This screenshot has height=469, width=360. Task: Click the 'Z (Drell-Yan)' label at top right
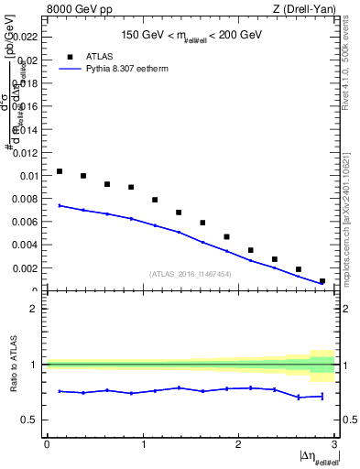(x=304, y=9)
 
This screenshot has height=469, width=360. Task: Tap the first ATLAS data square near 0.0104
(x=60, y=171)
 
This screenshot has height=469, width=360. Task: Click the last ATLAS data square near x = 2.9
(x=322, y=281)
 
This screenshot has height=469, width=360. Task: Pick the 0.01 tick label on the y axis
(x=29, y=175)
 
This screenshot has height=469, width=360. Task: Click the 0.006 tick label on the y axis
(x=27, y=222)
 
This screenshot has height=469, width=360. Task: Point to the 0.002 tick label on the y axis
(x=27, y=268)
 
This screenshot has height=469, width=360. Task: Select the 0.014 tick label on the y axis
(x=27, y=129)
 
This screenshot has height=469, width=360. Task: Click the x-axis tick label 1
(x=142, y=444)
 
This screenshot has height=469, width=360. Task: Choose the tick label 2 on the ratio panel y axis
(x=34, y=309)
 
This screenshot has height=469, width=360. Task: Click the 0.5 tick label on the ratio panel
(x=30, y=420)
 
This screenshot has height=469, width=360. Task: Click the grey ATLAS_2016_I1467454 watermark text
(x=191, y=273)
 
